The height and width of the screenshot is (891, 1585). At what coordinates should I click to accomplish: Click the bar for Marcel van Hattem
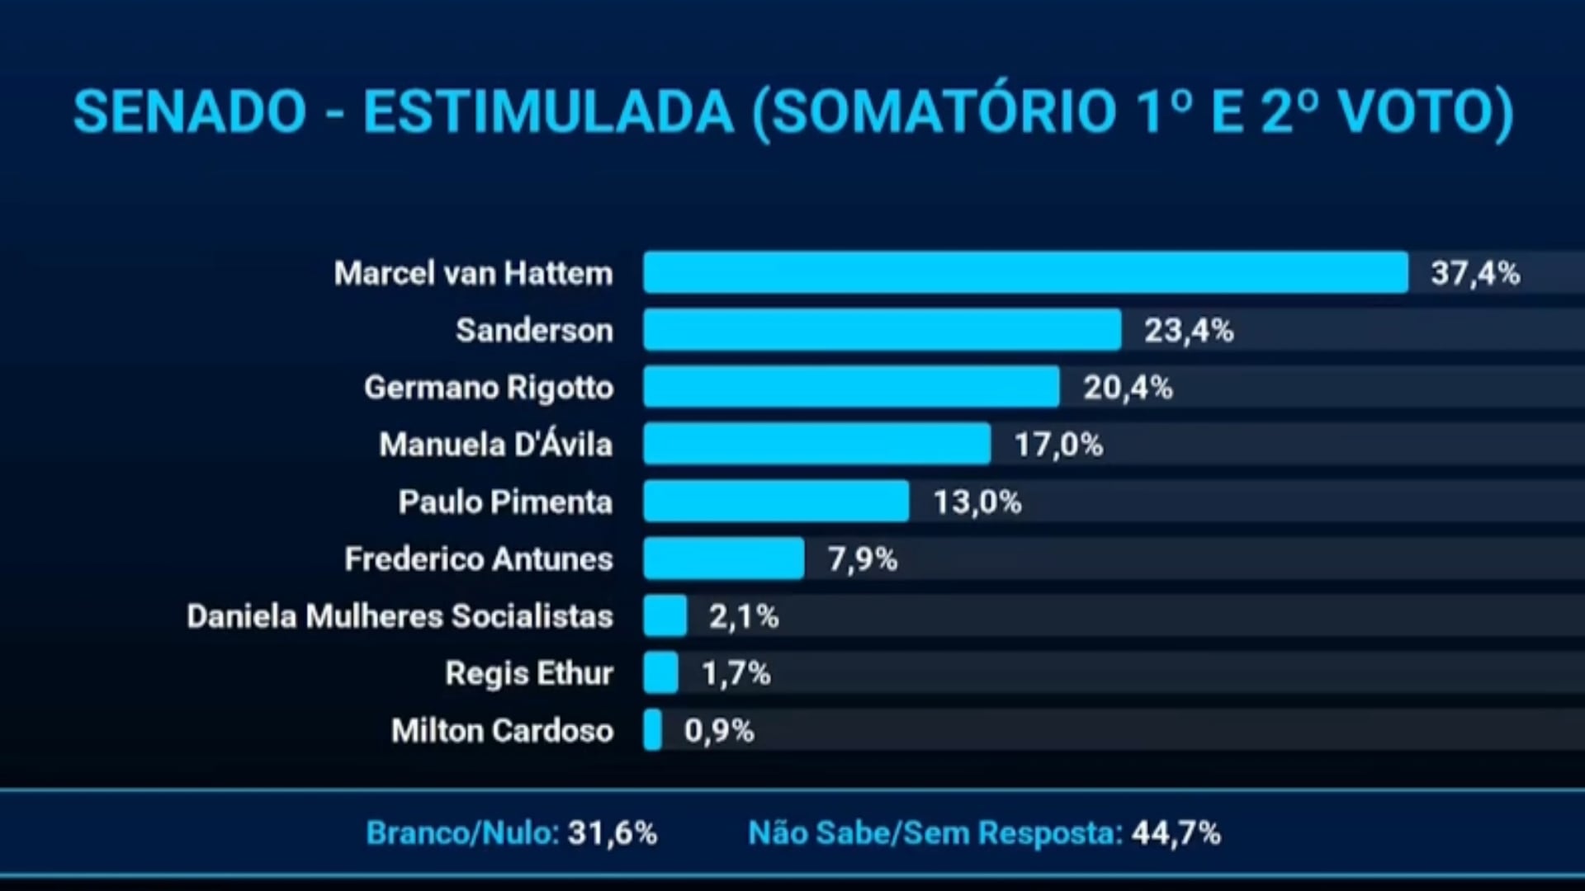[1026, 272]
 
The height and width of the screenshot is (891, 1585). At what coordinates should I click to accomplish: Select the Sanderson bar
[882, 330]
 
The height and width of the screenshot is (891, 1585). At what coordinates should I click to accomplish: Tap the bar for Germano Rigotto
[852, 387]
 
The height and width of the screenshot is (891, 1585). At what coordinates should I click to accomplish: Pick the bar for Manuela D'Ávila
[817, 444]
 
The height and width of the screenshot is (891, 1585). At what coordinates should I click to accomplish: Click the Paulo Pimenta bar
[777, 501]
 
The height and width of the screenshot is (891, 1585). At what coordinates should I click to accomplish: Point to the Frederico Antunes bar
[724, 559]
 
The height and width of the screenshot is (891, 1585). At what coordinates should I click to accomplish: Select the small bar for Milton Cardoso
[653, 730]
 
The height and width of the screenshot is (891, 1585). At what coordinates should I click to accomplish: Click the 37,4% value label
[1475, 274]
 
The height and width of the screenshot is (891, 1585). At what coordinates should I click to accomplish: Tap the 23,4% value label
[1189, 331]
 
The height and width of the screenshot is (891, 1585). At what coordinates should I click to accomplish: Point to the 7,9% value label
[863, 559]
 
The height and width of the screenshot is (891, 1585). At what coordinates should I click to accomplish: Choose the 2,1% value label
[744, 617]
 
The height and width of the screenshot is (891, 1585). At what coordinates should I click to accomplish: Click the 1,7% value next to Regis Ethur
[736, 674]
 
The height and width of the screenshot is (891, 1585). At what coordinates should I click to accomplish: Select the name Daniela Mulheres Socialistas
[400, 616]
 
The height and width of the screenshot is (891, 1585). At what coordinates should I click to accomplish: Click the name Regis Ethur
[529, 674]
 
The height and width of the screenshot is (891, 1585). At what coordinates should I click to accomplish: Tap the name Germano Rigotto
[490, 388]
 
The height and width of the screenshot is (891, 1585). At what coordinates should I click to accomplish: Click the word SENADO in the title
[190, 111]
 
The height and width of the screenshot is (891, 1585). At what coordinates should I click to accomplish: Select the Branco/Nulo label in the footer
[462, 833]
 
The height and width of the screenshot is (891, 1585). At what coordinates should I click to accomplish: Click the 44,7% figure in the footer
[1176, 833]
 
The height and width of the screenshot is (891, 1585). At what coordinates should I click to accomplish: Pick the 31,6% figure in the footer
[613, 833]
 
